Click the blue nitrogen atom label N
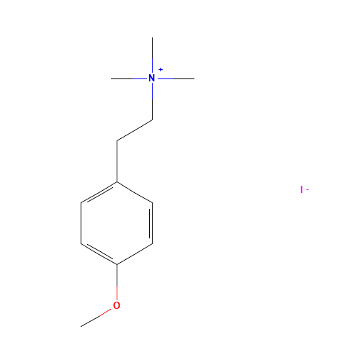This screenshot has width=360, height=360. pos(152,78)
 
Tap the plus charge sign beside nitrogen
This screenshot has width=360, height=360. pos(161,70)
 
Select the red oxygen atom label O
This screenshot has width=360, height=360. pos(117,305)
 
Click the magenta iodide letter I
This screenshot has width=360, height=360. pos(302,189)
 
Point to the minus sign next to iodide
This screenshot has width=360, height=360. pos(307,190)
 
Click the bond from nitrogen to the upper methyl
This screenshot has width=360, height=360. pos(152,55)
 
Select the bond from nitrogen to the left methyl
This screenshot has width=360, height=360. pos(129,78)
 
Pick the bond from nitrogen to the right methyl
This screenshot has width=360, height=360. pos(176,78)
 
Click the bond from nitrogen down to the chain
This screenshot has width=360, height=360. pos(152,102)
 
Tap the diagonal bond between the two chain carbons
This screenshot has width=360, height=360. pos(135,130)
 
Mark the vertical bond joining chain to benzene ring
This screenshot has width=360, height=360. pos(117,161)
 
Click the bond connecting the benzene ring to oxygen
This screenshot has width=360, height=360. pos(117,282)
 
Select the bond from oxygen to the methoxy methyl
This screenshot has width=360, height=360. pos(96,318)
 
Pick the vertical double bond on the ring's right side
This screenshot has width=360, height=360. pos(151,223)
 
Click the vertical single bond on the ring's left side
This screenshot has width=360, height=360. pos(81,223)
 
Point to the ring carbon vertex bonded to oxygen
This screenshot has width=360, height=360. pos(117,264)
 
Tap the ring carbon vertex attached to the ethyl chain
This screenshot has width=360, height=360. pos(117,182)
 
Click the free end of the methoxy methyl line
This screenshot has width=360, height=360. pos(81,326)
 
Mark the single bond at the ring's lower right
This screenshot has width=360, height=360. pos(135,254)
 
